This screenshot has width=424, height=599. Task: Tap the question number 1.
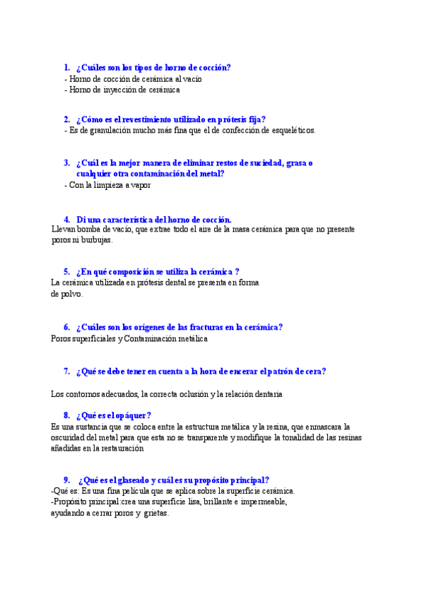66,68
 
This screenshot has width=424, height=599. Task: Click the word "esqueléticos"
291,130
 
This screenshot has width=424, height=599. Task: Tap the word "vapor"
139,185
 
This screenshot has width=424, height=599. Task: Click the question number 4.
66,220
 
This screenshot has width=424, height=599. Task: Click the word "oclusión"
194,393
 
